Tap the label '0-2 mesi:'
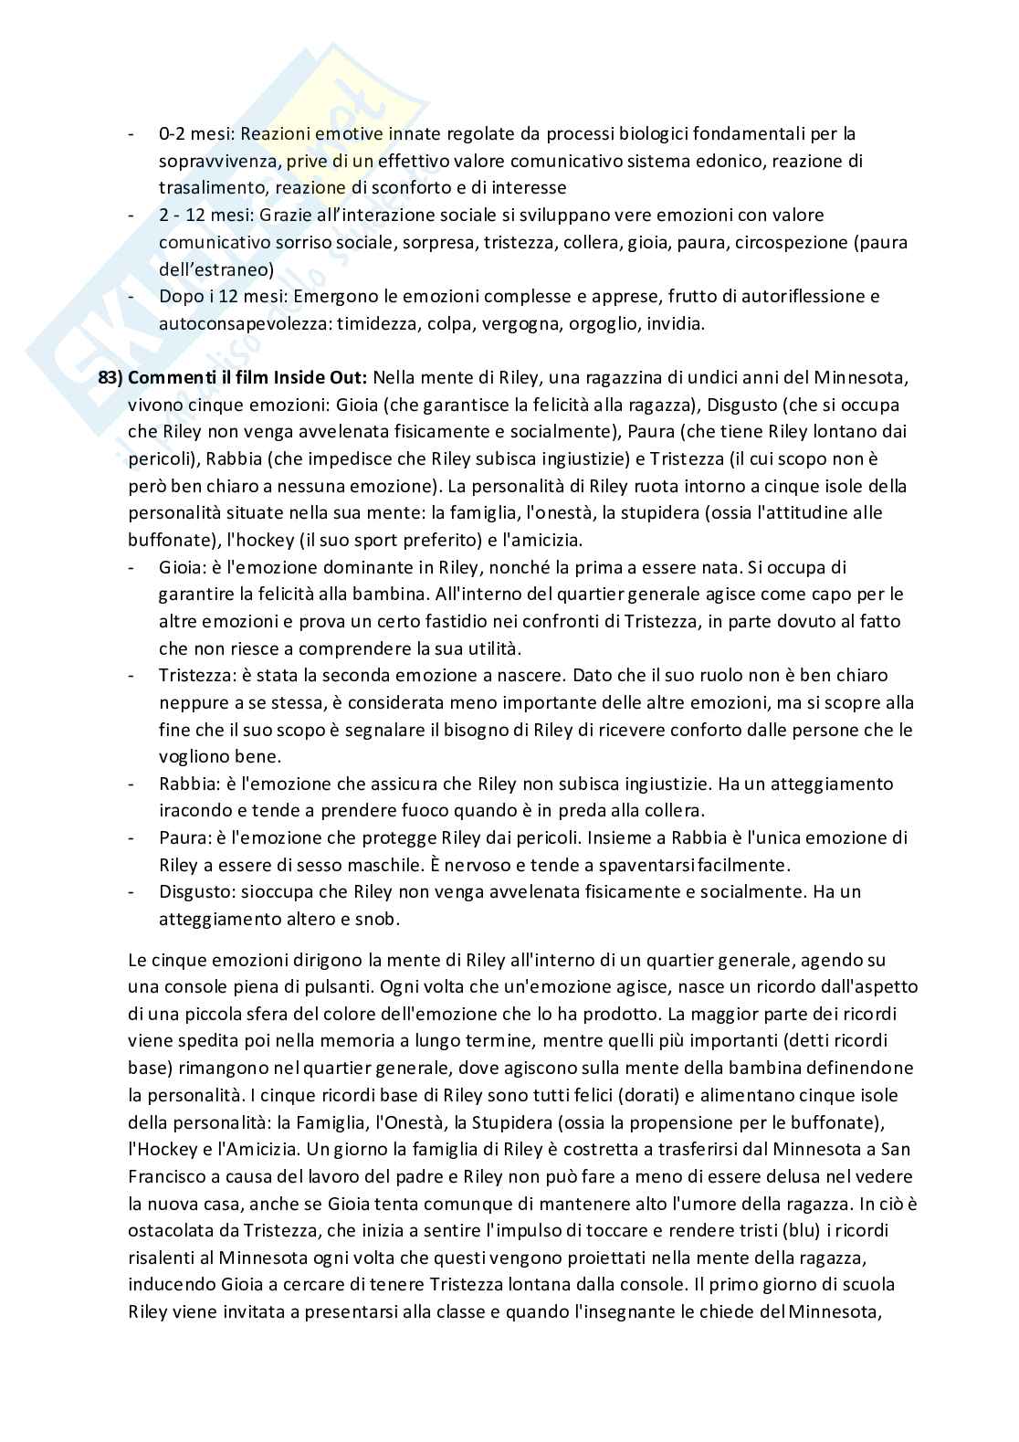(194, 134)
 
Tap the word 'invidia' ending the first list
(677, 324)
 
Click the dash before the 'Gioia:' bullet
(133, 568)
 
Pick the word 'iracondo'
(192, 811)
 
